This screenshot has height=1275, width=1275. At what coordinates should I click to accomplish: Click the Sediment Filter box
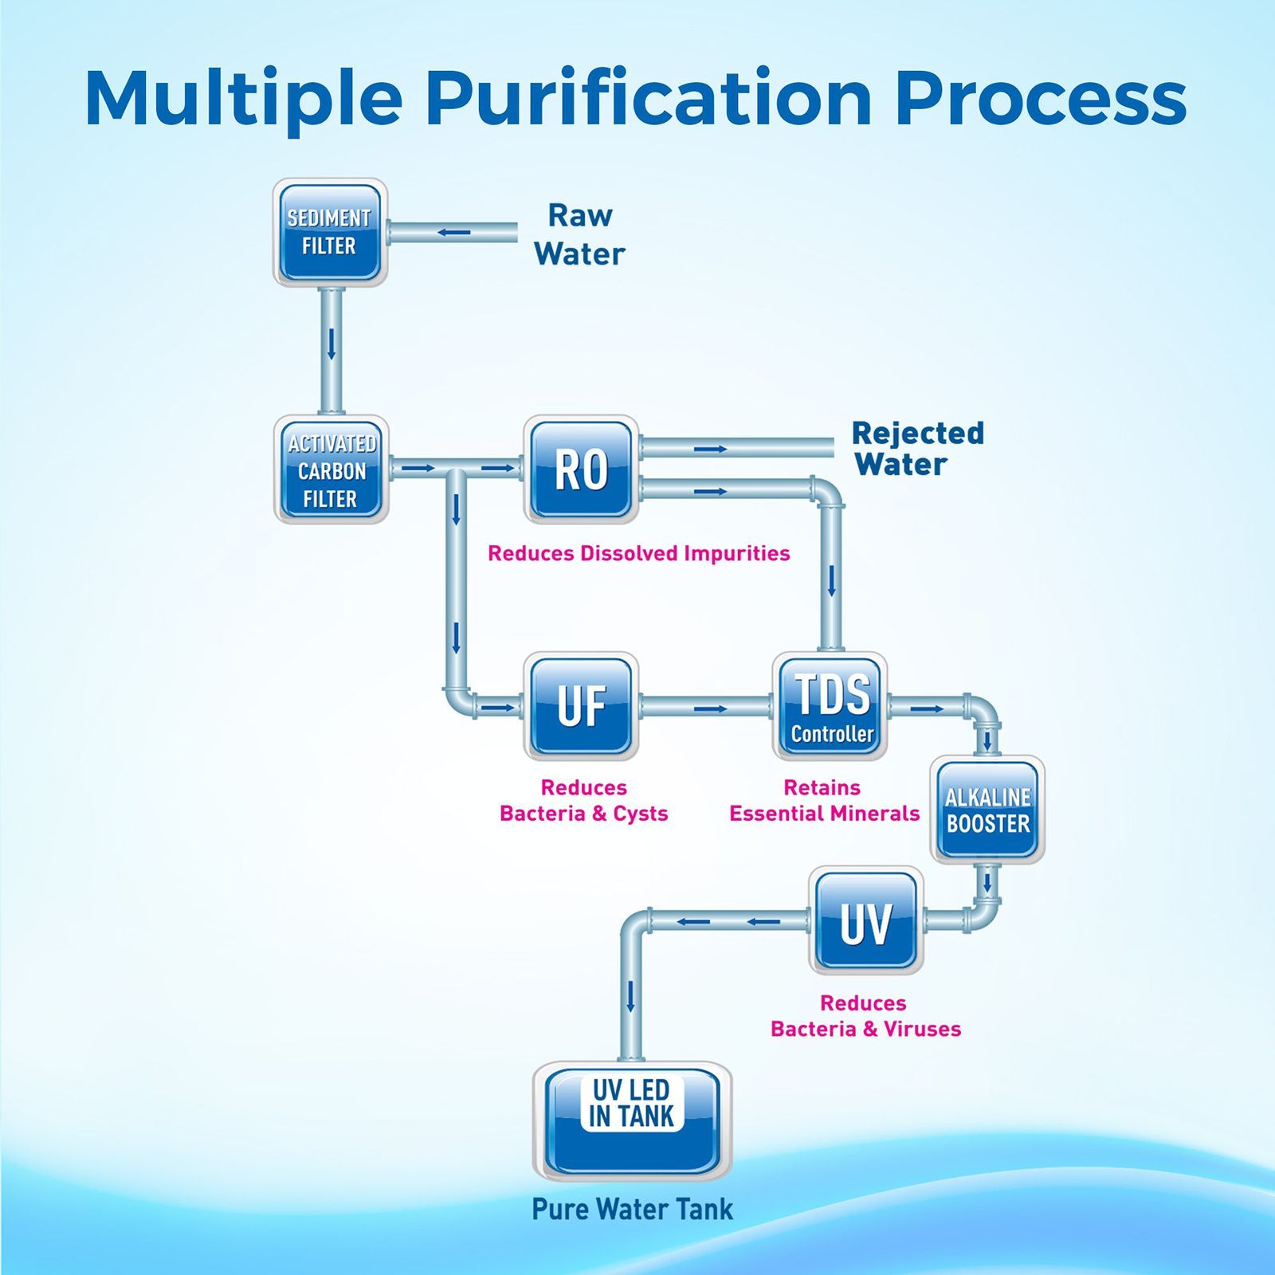pyautogui.click(x=331, y=232)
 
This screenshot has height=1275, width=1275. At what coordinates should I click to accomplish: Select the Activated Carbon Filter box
pyautogui.click(x=331, y=469)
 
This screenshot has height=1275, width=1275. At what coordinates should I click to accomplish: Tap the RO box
pyautogui.click(x=581, y=469)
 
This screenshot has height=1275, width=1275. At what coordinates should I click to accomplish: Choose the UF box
pyautogui.click(x=581, y=706)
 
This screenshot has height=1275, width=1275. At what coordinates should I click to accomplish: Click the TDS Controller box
pyautogui.click(x=830, y=706)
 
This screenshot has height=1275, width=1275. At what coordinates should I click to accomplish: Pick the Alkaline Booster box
pyautogui.click(x=987, y=810)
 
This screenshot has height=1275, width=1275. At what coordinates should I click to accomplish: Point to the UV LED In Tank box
pyautogui.click(x=632, y=1121)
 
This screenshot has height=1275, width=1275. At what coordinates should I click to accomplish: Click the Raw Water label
pyautogui.click(x=579, y=234)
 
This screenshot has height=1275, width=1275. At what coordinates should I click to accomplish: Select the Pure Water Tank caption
pyautogui.click(x=632, y=1209)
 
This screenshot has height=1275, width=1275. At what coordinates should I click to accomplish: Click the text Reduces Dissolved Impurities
pyautogui.click(x=638, y=553)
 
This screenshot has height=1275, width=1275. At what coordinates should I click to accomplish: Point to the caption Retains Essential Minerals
pyautogui.click(x=824, y=800)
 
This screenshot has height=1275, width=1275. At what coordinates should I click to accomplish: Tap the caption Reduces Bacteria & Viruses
pyautogui.click(x=865, y=1016)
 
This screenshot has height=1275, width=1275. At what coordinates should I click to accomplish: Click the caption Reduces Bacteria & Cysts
pyautogui.click(x=583, y=800)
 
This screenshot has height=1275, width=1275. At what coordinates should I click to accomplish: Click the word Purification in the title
pyautogui.click(x=649, y=100)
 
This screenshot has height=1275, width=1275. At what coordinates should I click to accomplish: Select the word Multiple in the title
pyautogui.click(x=244, y=100)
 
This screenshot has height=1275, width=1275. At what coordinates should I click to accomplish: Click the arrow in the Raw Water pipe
pyautogui.click(x=453, y=233)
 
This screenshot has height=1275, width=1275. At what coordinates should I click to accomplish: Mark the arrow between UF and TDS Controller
pyautogui.click(x=710, y=708)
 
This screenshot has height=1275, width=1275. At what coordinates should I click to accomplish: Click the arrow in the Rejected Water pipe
pyautogui.click(x=710, y=449)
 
